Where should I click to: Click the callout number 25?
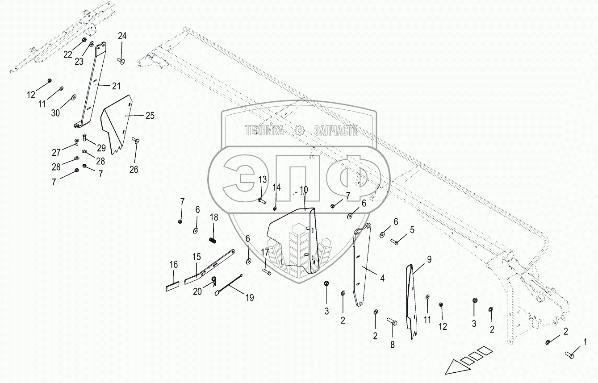pos(150,116)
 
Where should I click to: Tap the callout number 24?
pos(122,36)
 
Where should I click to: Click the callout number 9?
pos(429,259)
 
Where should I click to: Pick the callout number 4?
pos(382,278)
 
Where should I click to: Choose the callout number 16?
pos(174,265)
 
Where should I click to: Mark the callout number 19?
pos(249,297)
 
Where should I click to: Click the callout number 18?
pos(214,217)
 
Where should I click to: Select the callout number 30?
pos(55,113)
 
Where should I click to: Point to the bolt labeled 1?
pos(569,355)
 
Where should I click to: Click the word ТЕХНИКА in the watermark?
pos(264,130)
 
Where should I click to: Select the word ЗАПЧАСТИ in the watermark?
pos(336,130)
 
